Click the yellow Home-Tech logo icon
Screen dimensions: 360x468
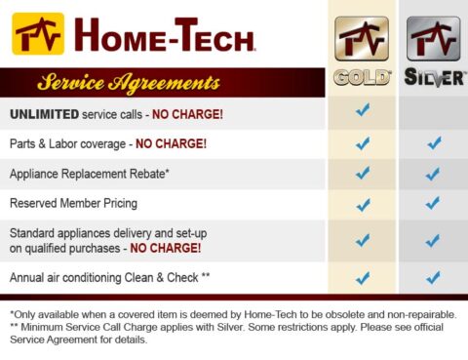click(x=38, y=34)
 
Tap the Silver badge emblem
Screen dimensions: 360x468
click(x=433, y=40)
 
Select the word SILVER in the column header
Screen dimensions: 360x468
click(x=433, y=78)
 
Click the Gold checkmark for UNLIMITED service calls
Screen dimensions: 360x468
click(x=363, y=111)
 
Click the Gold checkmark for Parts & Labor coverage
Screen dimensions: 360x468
click(x=363, y=143)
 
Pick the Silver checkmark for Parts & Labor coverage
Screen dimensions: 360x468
click(x=433, y=143)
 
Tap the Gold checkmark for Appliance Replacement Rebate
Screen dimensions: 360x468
click(x=363, y=174)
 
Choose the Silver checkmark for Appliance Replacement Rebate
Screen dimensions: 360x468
click(x=433, y=174)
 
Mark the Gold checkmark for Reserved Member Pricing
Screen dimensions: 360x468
click(x=363, y=205)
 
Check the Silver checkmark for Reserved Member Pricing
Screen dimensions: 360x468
click(x=433, y=205)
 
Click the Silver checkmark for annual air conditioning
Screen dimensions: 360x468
click(x=433, y=278)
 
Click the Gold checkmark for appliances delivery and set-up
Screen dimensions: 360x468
click(x=363, y=240)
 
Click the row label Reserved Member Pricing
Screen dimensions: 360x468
click(x=73, y=203)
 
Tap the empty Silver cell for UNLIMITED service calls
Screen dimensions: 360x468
click(x=433, y=113)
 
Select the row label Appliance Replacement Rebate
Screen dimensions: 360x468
click(x=91, y=174)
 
